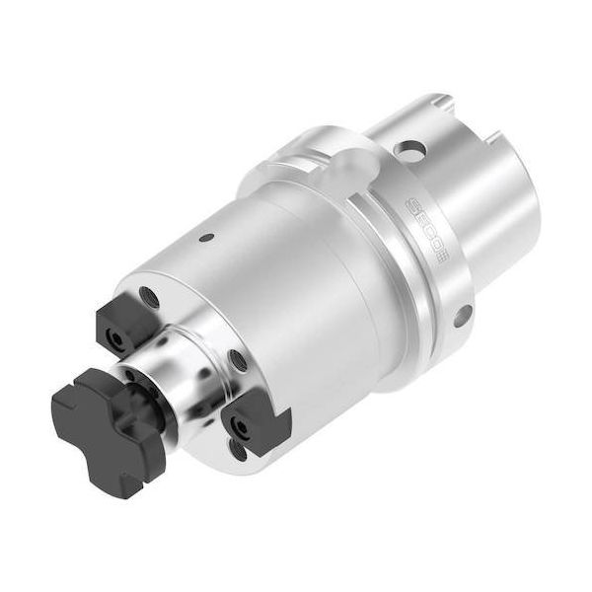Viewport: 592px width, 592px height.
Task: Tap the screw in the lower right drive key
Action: (x=238, y=425)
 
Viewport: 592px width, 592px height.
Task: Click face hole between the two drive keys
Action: (x=237, y=363)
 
